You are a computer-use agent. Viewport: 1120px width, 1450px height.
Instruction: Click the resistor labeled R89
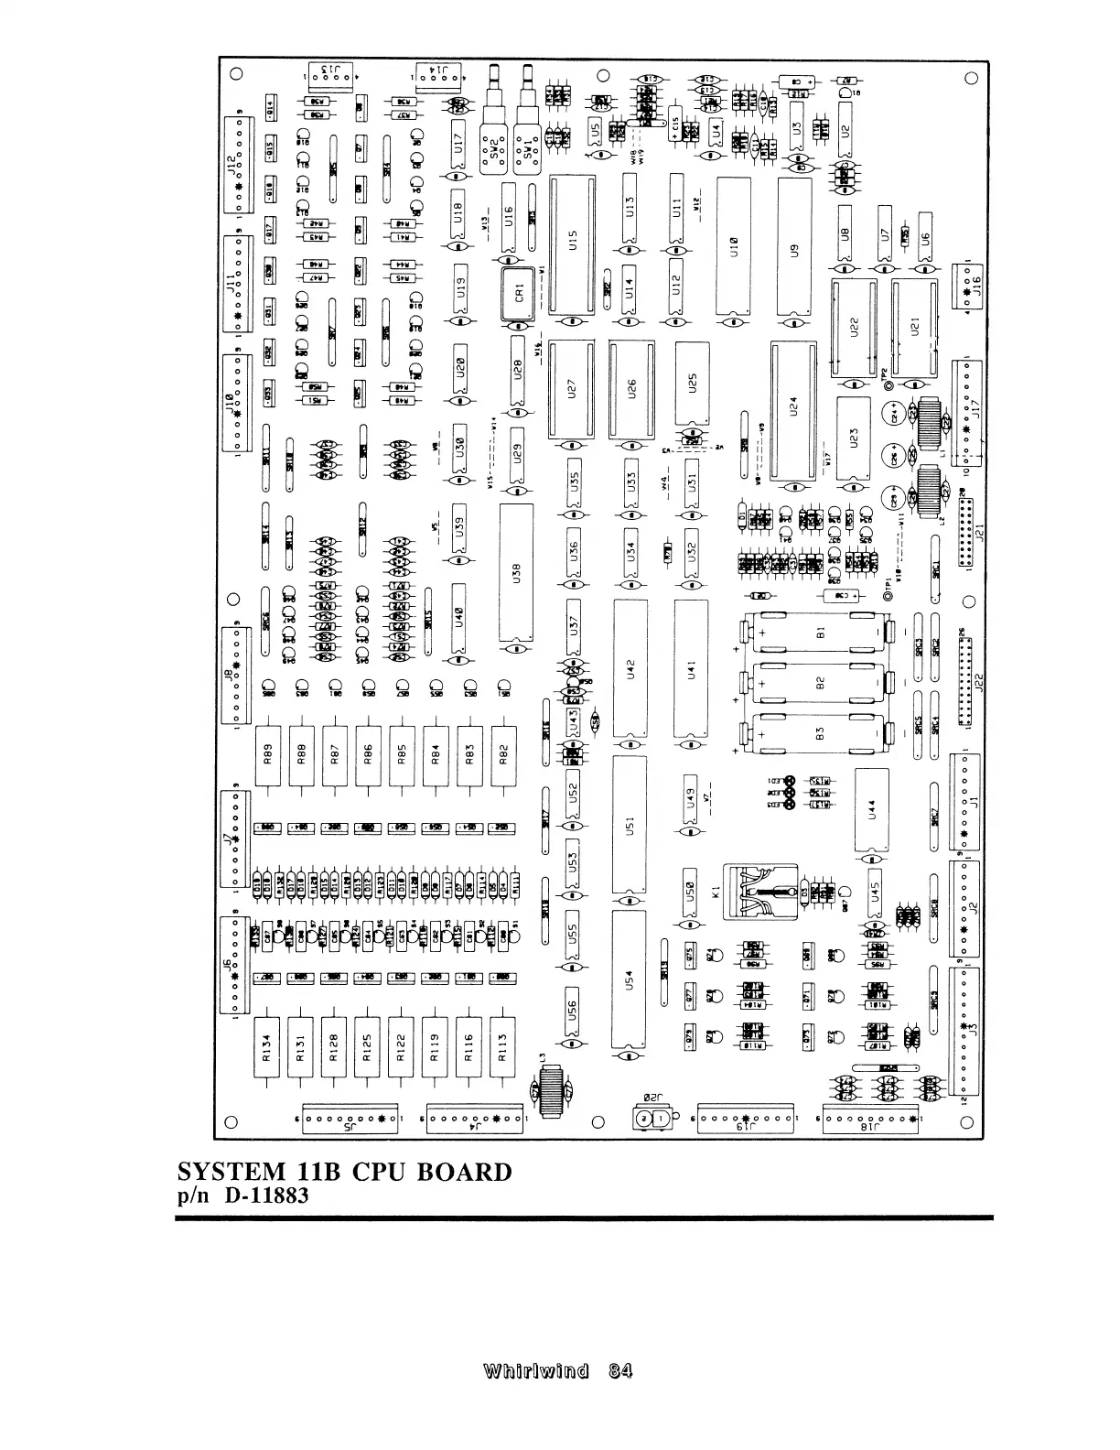pyautogui.click(x=268, y=754)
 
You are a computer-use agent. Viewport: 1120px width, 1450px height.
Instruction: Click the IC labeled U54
pyautogui.click(x=629, y=979)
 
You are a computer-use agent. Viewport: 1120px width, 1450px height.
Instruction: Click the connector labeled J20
pyautogui.click(x=650, y=1119)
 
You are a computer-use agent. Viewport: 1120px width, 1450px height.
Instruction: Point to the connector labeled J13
pyautogui.click(x=329, y=74)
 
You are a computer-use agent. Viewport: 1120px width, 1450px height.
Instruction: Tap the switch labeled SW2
pyautogui.click(x=494, y=149)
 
